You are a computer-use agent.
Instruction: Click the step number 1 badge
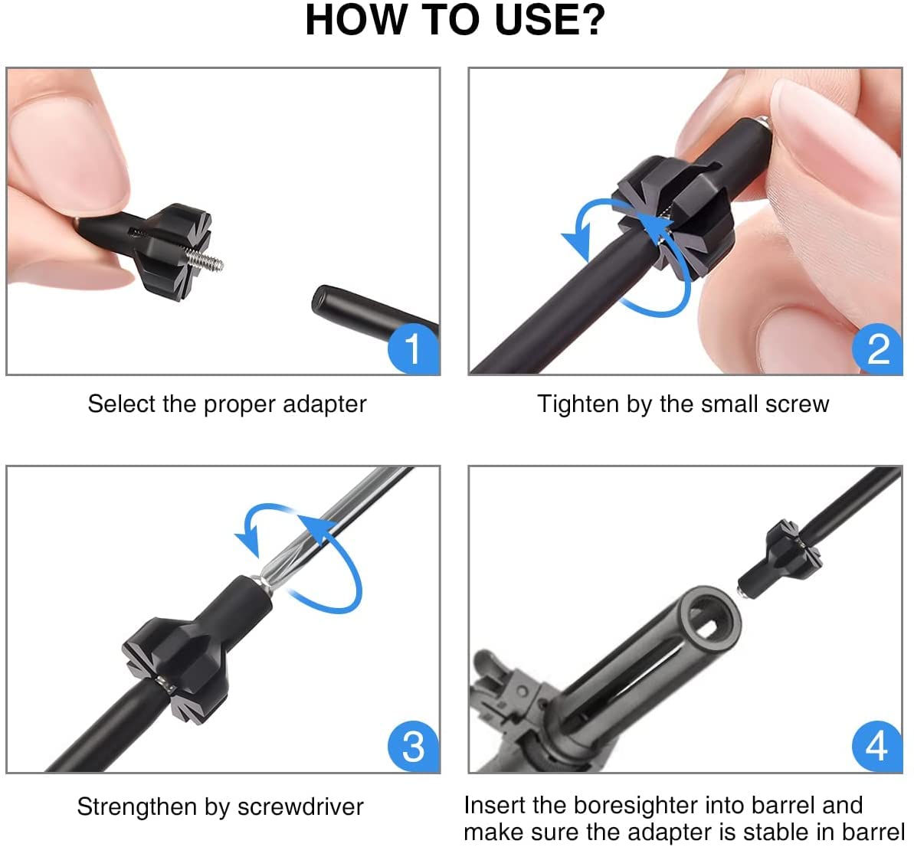[x=413, y=348]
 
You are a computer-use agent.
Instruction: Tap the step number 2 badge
[x=877, y=348]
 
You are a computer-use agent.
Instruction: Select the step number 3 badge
[x=413, y=746]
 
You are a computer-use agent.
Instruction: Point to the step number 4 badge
[x=877, y=746]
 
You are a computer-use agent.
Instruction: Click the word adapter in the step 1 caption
[x=325, y=405]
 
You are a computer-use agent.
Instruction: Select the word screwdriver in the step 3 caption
[x=300, y=807]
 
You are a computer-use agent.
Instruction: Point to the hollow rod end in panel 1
[x=326, y=301]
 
